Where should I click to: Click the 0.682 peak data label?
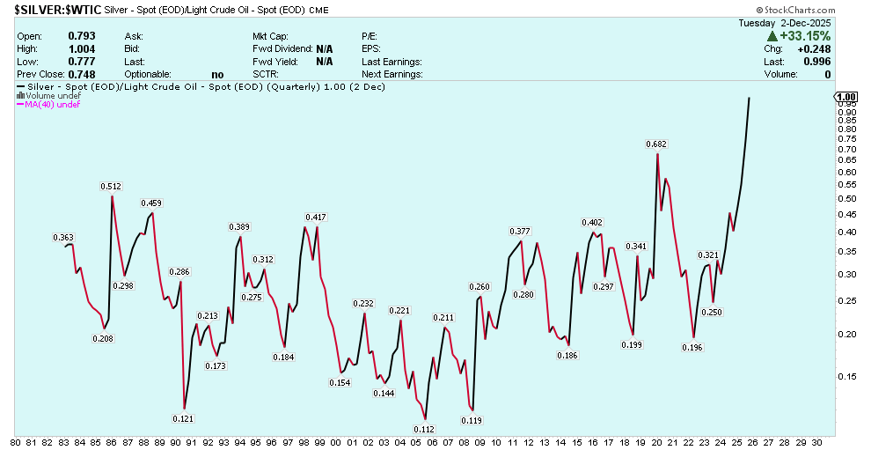click(x=655, y=144)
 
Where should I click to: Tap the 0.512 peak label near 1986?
click(x=111, y=187)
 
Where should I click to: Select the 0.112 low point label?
click(x=423, y=429)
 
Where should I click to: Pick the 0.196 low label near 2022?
click(x=692, y=347)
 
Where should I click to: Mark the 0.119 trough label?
click(x=472, y=420)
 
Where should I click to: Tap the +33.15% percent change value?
click(x=804, y=36)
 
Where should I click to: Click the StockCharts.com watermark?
click(x=829, y=11)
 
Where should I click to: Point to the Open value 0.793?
click(x=81, y=36)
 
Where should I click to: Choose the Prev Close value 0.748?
click(x=81, y=75)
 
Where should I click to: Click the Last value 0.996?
click(x=818, y=62)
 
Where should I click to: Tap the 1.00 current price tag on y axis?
click(x=846, y=97)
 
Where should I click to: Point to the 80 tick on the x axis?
click(x=16, y=442)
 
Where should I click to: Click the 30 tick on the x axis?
click(x=817, y=442)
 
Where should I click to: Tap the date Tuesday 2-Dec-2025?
click(x=779, y=23)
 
